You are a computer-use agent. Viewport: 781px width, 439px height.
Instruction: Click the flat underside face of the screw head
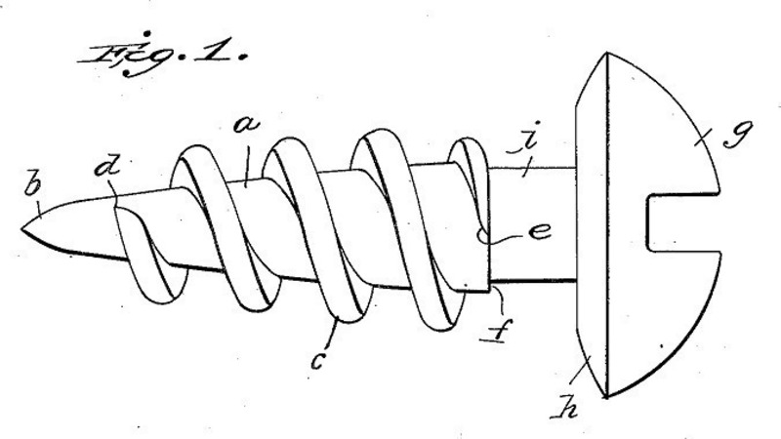click(591, 234)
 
